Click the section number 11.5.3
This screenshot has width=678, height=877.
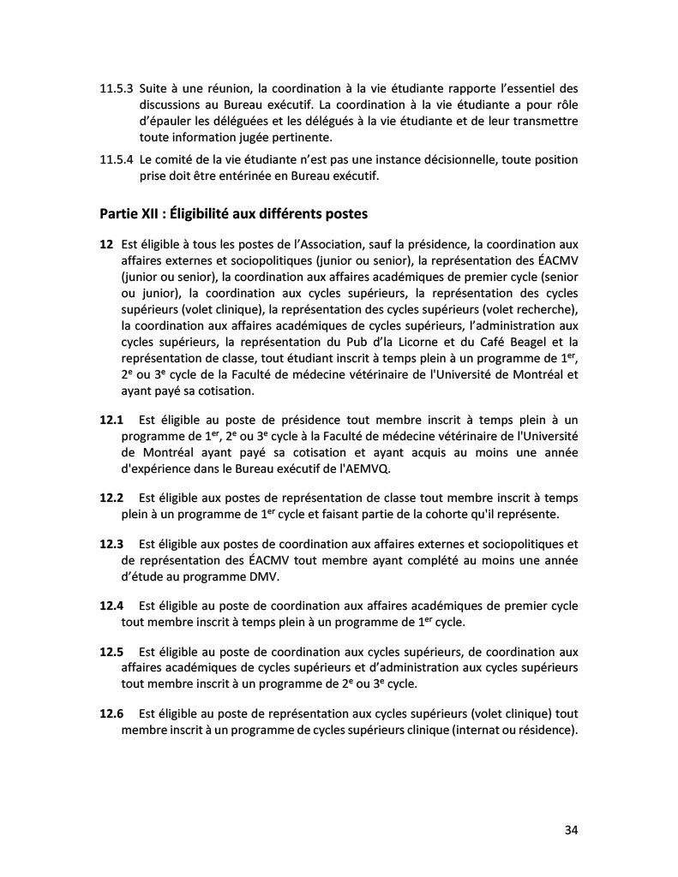pos(116,88)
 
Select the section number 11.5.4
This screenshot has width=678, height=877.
pos(116,160)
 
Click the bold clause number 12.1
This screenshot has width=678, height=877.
pos(112,420)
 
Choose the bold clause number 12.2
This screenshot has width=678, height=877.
pos(112,498)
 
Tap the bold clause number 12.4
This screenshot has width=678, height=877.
pos(112,606)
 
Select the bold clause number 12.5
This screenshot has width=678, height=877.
pos(112,651)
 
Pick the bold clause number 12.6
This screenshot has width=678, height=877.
pos(112,713)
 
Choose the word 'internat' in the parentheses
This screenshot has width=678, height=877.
pos(464,730)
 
